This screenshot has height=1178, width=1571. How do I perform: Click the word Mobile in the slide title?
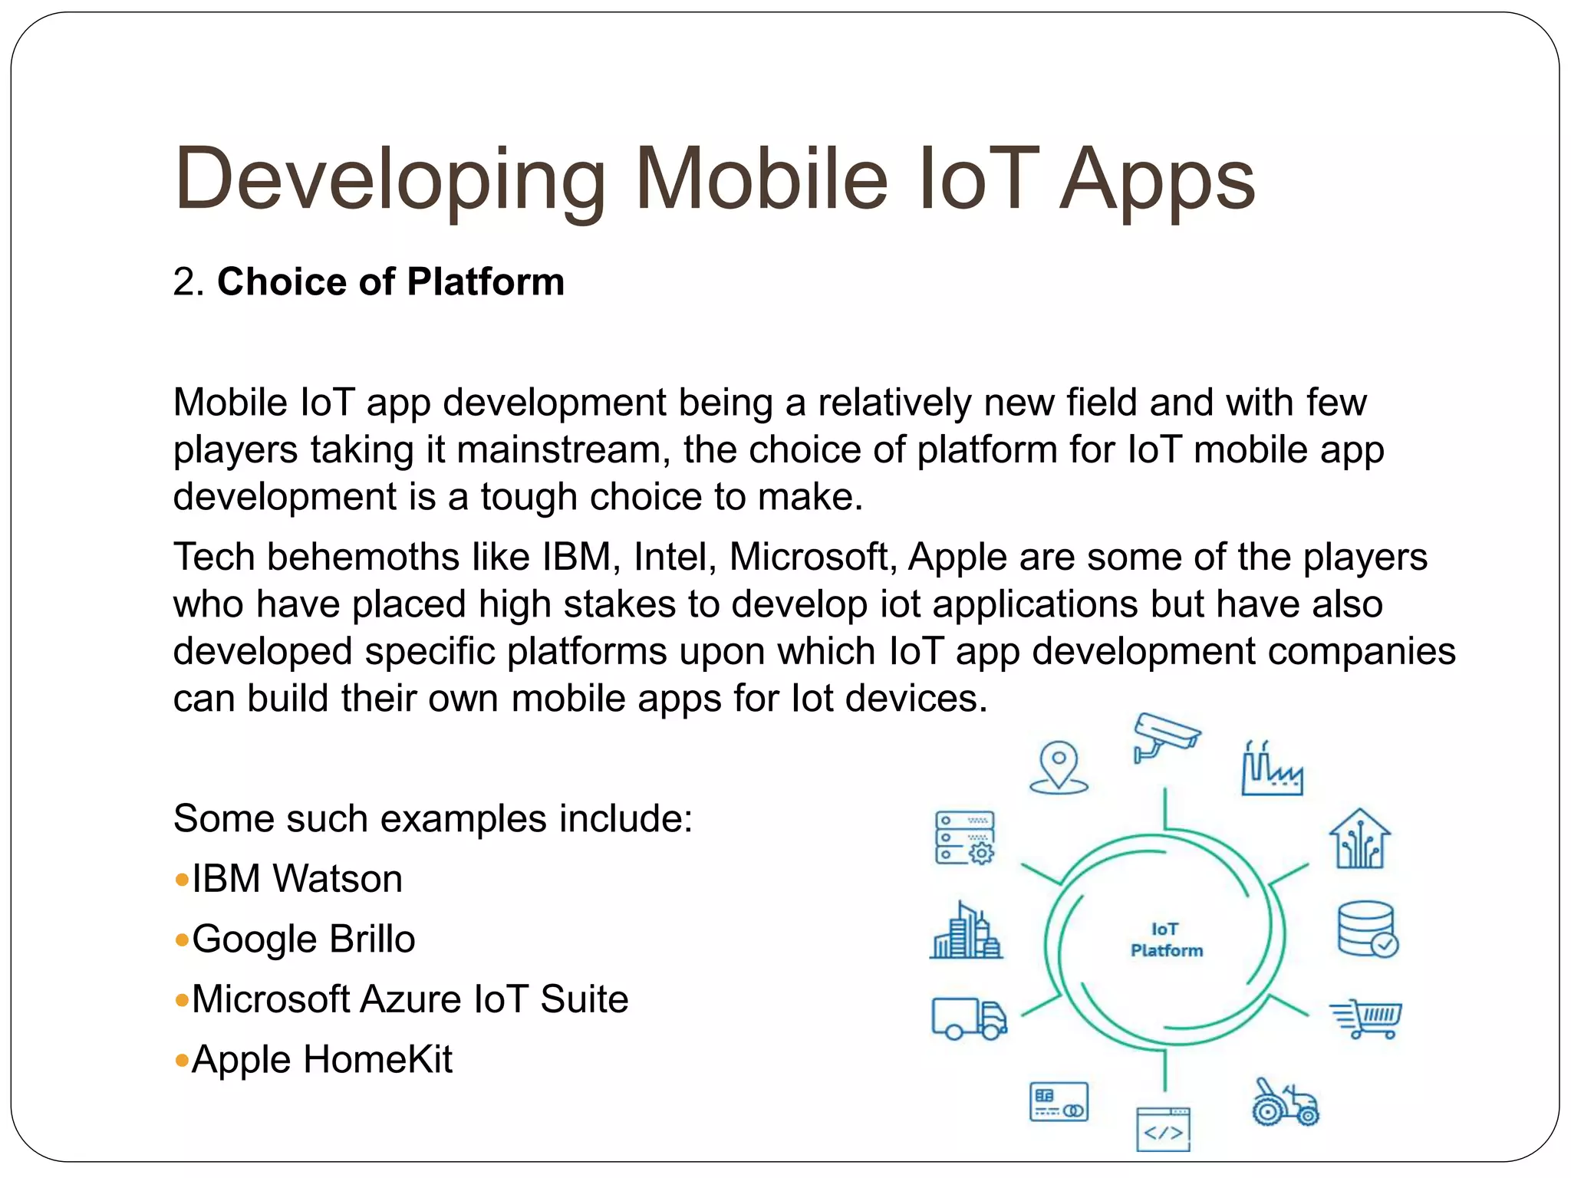pos(761,179)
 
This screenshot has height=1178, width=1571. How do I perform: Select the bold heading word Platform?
pos(486,281)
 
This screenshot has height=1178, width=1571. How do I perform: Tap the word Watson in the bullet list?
pos(338,879)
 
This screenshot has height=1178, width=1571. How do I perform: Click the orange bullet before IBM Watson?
pos(182,880)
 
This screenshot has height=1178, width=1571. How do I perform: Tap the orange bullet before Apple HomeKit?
pos(182,1061)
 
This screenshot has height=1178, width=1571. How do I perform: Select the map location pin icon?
pos(1059,766)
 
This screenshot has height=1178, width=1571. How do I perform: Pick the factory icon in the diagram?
pos(1271,769)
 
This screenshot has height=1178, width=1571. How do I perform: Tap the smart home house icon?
pos(1359,839)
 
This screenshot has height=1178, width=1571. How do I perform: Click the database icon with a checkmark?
pos(1367,930)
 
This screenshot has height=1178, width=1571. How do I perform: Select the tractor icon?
pos(1285,1103)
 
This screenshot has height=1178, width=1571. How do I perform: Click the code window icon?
pos(1163,1129)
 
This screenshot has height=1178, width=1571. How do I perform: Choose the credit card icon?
pos(1059,1102)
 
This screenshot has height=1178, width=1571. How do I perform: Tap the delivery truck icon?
pos(969,1018)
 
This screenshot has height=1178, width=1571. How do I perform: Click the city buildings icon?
pos(966,931)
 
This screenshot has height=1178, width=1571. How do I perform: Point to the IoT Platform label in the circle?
pos(1166,939)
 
